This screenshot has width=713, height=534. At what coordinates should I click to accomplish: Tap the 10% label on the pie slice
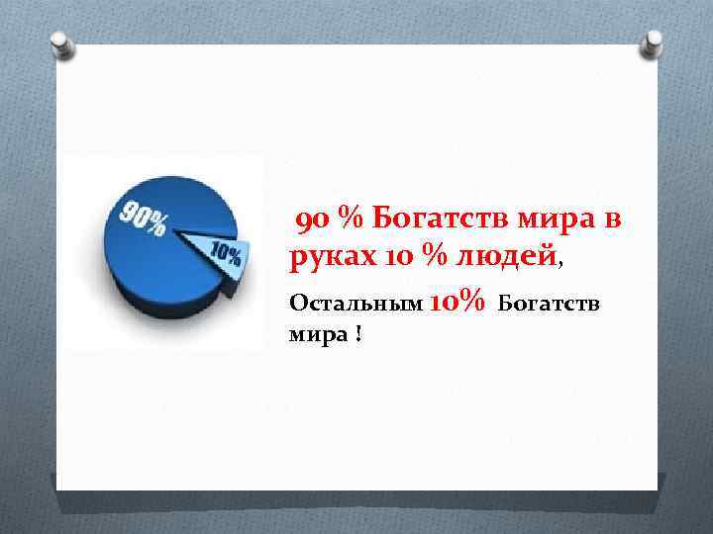(226, 255)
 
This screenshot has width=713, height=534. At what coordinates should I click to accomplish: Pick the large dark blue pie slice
(149, 257)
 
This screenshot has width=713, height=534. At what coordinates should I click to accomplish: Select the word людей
(506, 258)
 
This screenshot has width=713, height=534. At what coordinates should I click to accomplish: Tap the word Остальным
(354, 301)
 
